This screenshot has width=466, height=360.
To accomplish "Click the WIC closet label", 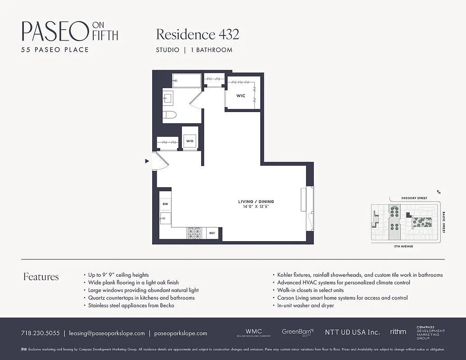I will click(x=241, y=96).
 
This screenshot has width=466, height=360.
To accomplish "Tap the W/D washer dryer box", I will click(x=190, y=141).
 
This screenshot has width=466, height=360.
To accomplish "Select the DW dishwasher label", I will click(x=165, y=204).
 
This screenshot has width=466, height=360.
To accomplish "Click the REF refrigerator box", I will click(x=212, y=233).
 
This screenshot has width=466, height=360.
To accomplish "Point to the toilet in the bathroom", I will click(x=169, y=115).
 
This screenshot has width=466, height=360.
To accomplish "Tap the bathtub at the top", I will click(x=186, y=81).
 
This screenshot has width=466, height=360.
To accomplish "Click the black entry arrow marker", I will click(x=147, y=161).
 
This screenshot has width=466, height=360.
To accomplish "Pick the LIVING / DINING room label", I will click(x=256, y=202).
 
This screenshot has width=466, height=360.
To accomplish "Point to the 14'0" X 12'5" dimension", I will click(x=256, y=207).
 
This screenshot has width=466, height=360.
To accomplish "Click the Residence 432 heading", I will click(x=197, y=34).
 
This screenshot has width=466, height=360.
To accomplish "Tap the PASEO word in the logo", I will click(x=54, y=31).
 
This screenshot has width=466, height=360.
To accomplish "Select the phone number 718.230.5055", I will click(x=40, y=333).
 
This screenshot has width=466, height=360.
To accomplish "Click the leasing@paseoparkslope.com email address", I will click(x=107, y=333).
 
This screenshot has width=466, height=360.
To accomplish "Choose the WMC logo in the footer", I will click(x=253, y=332).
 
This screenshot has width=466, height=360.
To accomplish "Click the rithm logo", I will click(x=398, y=332).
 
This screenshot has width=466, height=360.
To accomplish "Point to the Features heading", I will click(x=41, y=277).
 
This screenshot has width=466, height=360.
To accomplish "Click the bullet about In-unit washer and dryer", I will click(x=305, y=306).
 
